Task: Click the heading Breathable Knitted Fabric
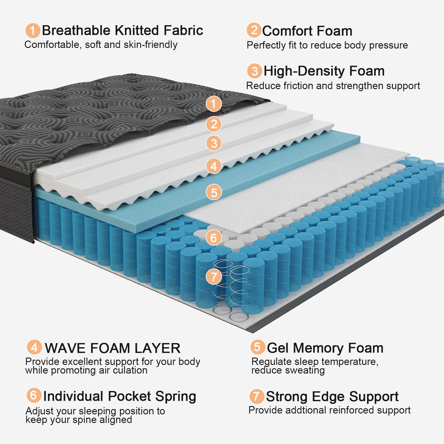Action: pyautogui.click(x=122, y=30)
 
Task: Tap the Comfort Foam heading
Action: pyautogui.click(x=307, y=31)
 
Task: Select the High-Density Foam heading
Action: pyautogui.click(x=324, y=71)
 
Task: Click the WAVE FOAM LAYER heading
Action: pyautogui.click(x=112, y=348)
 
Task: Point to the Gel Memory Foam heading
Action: pyautogui.click(x=325, y=348)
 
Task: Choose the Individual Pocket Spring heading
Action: pyautogui.click(x=120, y=396)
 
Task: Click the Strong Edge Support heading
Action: pyautogui.click(x=332, y=397)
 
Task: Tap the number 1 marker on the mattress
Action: pyautogui.click(x=214, y=104)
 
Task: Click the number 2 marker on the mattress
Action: pyautogui.click(x=214, y=124)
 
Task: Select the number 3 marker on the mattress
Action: pyautogui.click(x=214, y=144)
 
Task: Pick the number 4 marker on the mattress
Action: pyautogui.click(x=214, y=166)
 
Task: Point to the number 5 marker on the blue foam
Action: pyautogui.click(x=214, y=192)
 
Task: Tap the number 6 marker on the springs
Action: pyautogui.click(x=214, y=238)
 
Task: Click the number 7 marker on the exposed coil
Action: pyautogui.click(x=214, y=277)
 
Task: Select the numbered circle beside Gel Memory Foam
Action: pyautogui.click(x=257, y=347)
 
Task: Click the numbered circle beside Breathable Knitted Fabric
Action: pyautogui.click(x=33, y=30)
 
